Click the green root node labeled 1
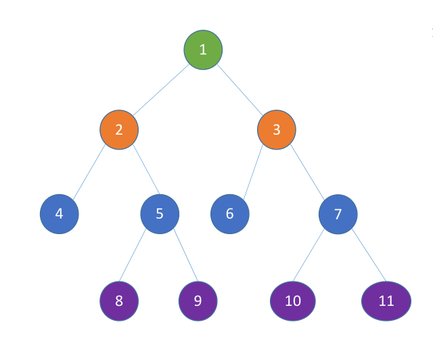tap(203, 49)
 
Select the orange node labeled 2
tap(119, 130)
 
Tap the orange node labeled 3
tap(277, 130)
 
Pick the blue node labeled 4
tap(60, 214)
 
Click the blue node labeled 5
tap(160, 214)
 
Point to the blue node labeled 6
tap(230, 214)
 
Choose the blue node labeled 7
tap(338, 214)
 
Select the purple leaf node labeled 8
tap(119, 300)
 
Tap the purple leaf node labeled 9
tap(198, 300)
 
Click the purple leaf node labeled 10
tap(293, 300)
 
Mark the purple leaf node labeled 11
tap(386, 300)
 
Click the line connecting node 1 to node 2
tap(161, 89)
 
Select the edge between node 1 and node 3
tap(240, 89)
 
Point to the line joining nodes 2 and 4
tap(89, 172)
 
